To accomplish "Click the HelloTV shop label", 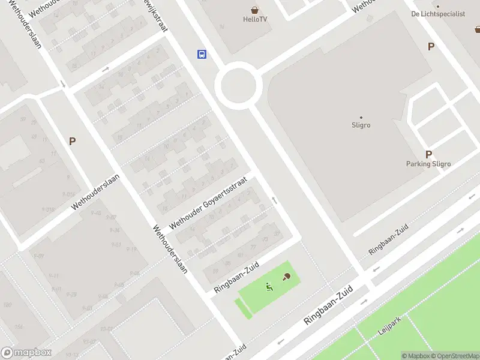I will (256, 19).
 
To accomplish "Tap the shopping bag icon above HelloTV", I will (256, 10).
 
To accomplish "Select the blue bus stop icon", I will (202, 55).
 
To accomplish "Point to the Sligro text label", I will (361, 125).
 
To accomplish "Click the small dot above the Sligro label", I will (361, 117).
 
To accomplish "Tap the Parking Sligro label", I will (428, 164).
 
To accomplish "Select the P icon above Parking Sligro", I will (428, 154).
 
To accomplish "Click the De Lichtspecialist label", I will (438, 14).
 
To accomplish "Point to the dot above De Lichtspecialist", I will (438, 7).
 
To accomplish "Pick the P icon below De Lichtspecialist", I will (430, 46).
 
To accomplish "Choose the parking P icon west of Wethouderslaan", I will (72, 142).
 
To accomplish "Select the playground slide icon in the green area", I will (269, 287).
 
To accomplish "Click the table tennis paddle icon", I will (286, 277).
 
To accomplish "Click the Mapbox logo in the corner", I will (26, 353).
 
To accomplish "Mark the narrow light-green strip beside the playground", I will (244, 308).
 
